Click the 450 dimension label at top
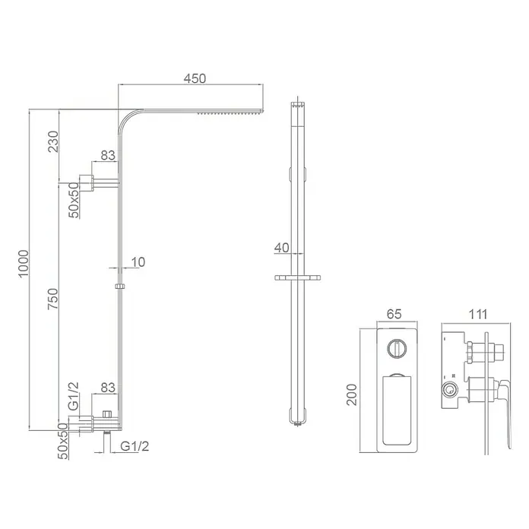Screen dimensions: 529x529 pyautogui.click(x=195, y=78)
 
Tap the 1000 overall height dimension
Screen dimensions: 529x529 pyautogui.click(x=24, y=264)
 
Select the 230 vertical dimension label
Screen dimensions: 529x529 pyautogui.click(x=53, y=141)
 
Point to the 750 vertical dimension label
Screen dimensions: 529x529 pyautogui.click(x=53, y=299)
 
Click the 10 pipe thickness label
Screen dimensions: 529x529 pyautogui.click(x=138, y=261)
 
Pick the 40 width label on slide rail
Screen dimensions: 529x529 pyautogui.click(x=282, y=248)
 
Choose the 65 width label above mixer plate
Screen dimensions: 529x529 pyautogui.click(x=394, y=314)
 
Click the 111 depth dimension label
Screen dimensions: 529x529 pyautogui.click(x=478, y=314)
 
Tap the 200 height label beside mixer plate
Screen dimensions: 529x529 pyautogui.click(x=352, y=394)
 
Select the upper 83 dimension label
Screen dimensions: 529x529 pyautogui.click(x=108, y=155)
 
